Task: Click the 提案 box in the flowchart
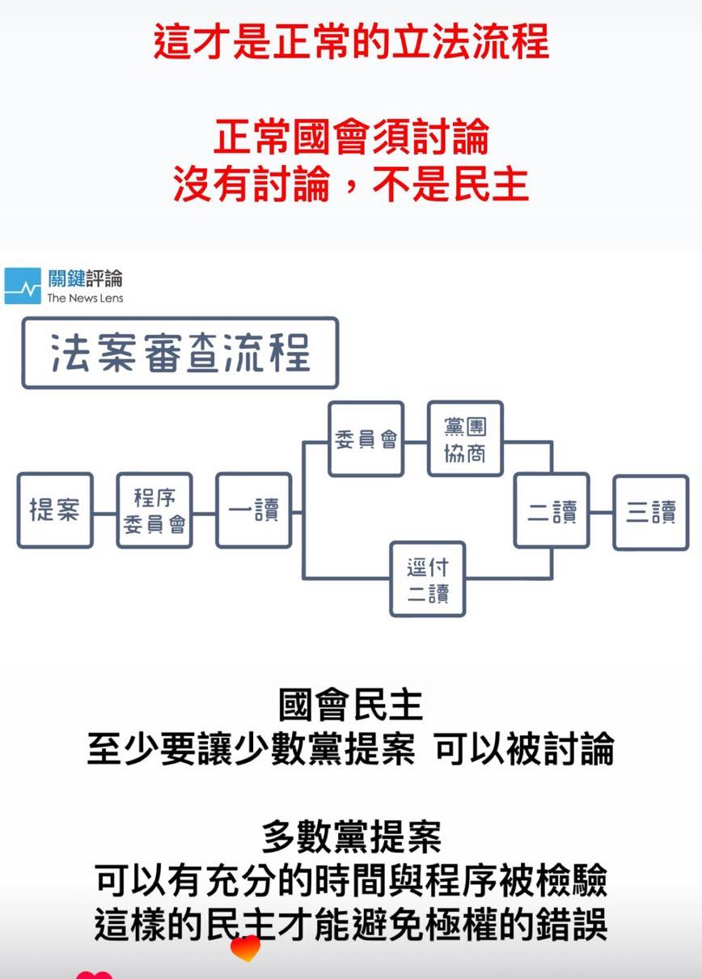(x=55, y=510)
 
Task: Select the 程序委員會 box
(x=154, y=510)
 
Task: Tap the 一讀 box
(x=254, y=510)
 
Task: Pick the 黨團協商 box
(x=465, y=439)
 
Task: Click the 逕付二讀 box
(x=428, y=579)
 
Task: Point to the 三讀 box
(x=651, y=512)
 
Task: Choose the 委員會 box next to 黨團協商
(x=366, y=439)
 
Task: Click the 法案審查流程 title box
(x=180, y=353)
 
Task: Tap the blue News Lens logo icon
(x=23, y=286)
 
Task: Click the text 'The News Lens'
(x=85, y=298)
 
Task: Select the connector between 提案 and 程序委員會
(x=105, y=513)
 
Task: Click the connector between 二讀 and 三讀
(x=602, y=512)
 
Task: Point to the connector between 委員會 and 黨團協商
(x=416, y=443)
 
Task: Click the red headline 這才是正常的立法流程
(x=351, y=41)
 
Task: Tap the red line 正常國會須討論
(x=351, y=137)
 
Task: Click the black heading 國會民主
(x=351, y=705)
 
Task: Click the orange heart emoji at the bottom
(x=246, y=948)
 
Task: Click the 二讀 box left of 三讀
(x=552, y=510)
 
